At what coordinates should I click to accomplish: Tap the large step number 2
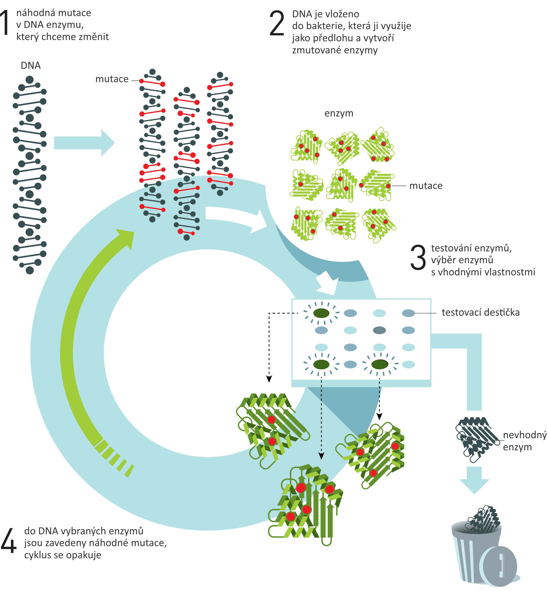point(277,23)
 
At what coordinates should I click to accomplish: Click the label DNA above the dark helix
point(31,65)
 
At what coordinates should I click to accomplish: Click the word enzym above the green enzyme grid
point(339,113)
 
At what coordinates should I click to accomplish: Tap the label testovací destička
point(480,312)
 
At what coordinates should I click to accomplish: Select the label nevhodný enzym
point(525,441)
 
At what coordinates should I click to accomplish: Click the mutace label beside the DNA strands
point(112,79)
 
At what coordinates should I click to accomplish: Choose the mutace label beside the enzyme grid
point(426,186)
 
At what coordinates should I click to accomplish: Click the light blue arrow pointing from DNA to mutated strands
point(84,143)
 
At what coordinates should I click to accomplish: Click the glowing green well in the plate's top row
point(321,313)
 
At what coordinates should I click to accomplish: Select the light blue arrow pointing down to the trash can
point(474,480)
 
